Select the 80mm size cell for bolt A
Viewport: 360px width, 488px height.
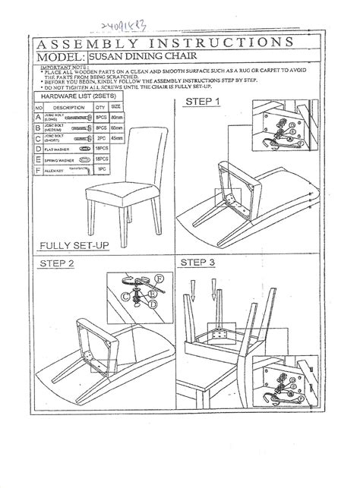(117, 118)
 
